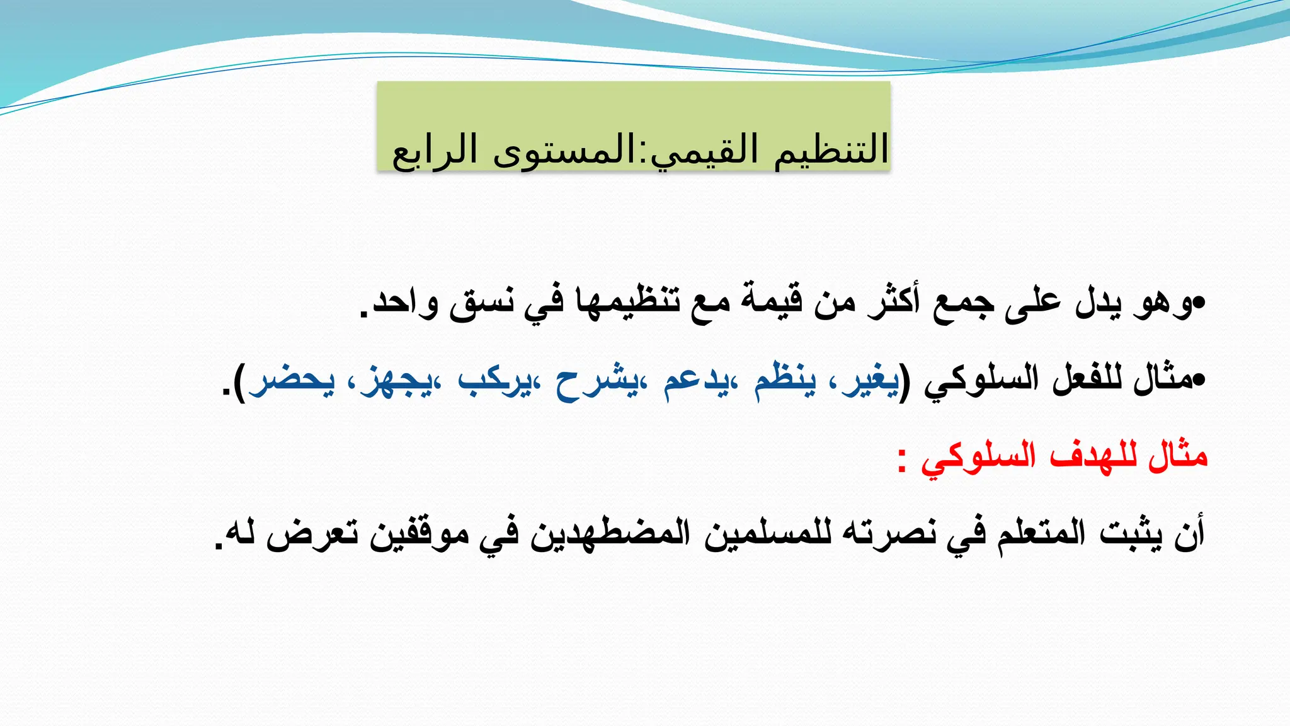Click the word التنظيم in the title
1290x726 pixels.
pos(831,150)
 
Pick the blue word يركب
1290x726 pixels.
pos(494,380)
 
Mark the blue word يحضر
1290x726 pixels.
pos(291,380)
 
